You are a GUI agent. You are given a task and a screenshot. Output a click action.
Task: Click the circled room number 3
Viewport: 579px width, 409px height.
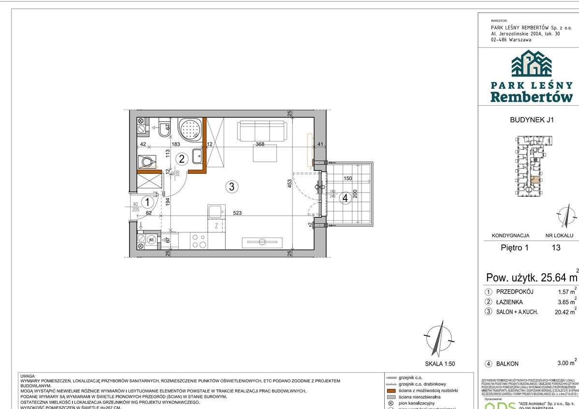tap(232, 187)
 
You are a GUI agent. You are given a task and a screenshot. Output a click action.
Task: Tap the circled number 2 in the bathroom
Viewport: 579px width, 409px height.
tap(182, 158)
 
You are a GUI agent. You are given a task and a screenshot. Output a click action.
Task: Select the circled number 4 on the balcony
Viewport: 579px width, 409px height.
tap(345, 197)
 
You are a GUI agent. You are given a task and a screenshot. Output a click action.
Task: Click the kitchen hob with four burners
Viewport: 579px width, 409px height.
tap(198, 240)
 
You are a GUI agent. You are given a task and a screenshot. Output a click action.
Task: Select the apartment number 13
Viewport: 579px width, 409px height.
tap(556, 248)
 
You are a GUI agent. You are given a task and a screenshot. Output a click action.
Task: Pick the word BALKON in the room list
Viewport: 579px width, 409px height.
tap(507, 364)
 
